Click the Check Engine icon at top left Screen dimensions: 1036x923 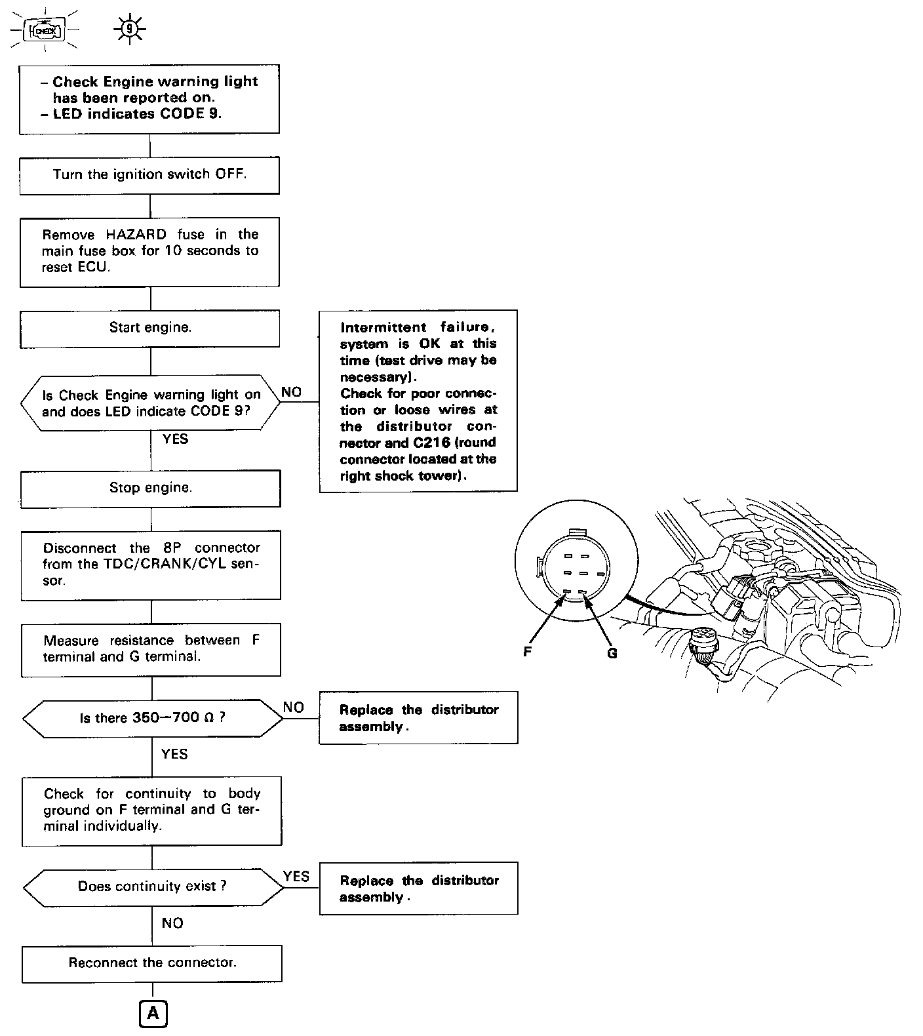45,30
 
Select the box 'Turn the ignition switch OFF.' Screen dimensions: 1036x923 149,174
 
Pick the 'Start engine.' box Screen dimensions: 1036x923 150,328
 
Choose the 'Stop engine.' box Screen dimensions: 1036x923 151,488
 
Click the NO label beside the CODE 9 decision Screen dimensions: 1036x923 291,392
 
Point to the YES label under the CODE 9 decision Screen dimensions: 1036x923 175,439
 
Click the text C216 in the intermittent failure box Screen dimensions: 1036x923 431,443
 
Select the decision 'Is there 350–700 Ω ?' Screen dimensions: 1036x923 153,718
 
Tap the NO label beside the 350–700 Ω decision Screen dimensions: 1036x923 294,707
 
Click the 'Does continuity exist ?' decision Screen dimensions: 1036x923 153,887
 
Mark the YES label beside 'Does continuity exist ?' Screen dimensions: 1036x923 296,877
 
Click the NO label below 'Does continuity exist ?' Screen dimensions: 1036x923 172,923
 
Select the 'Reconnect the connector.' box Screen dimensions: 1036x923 152,963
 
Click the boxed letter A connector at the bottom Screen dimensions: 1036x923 153,1014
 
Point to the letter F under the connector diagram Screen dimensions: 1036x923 527,652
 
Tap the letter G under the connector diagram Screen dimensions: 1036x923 612,653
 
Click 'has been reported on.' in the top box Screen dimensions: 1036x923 134,98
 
